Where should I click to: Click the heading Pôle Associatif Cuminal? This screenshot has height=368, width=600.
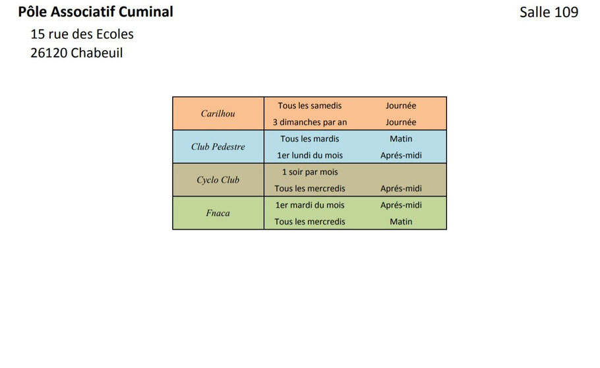click(96, 12)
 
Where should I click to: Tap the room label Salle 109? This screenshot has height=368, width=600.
click(549, 12)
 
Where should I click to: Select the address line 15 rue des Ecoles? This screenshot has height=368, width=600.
click(82, 34)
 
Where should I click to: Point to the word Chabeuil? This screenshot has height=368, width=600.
click(97, 53)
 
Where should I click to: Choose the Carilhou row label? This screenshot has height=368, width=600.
click(218, 113)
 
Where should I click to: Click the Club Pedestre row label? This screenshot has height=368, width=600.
click(218, 146)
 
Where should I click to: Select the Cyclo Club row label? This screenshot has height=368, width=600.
click(218, 179)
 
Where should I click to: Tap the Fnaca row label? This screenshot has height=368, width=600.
click(218, 213)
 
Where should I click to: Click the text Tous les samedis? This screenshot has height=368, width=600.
click(310, 106)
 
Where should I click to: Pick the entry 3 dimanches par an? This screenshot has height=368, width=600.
click(310, 122)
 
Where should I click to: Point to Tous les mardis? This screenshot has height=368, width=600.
click(310, 138)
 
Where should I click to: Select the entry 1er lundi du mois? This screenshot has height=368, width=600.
click(310, 156)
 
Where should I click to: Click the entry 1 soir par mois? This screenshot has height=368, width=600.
click(310, 172)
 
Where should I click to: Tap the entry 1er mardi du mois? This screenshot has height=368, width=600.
click(310, 205)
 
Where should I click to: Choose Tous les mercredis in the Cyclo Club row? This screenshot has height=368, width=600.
click(310, 189)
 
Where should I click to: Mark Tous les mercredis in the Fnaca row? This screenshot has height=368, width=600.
click(310, 222)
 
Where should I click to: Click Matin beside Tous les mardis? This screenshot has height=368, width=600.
click(401, 138)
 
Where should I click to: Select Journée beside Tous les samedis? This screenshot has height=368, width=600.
click(401, 106)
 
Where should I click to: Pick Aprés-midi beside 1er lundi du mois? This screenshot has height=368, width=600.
click(401, 156)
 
